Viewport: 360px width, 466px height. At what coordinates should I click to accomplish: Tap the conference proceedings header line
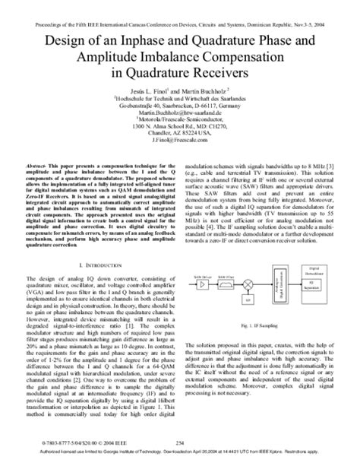180,8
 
